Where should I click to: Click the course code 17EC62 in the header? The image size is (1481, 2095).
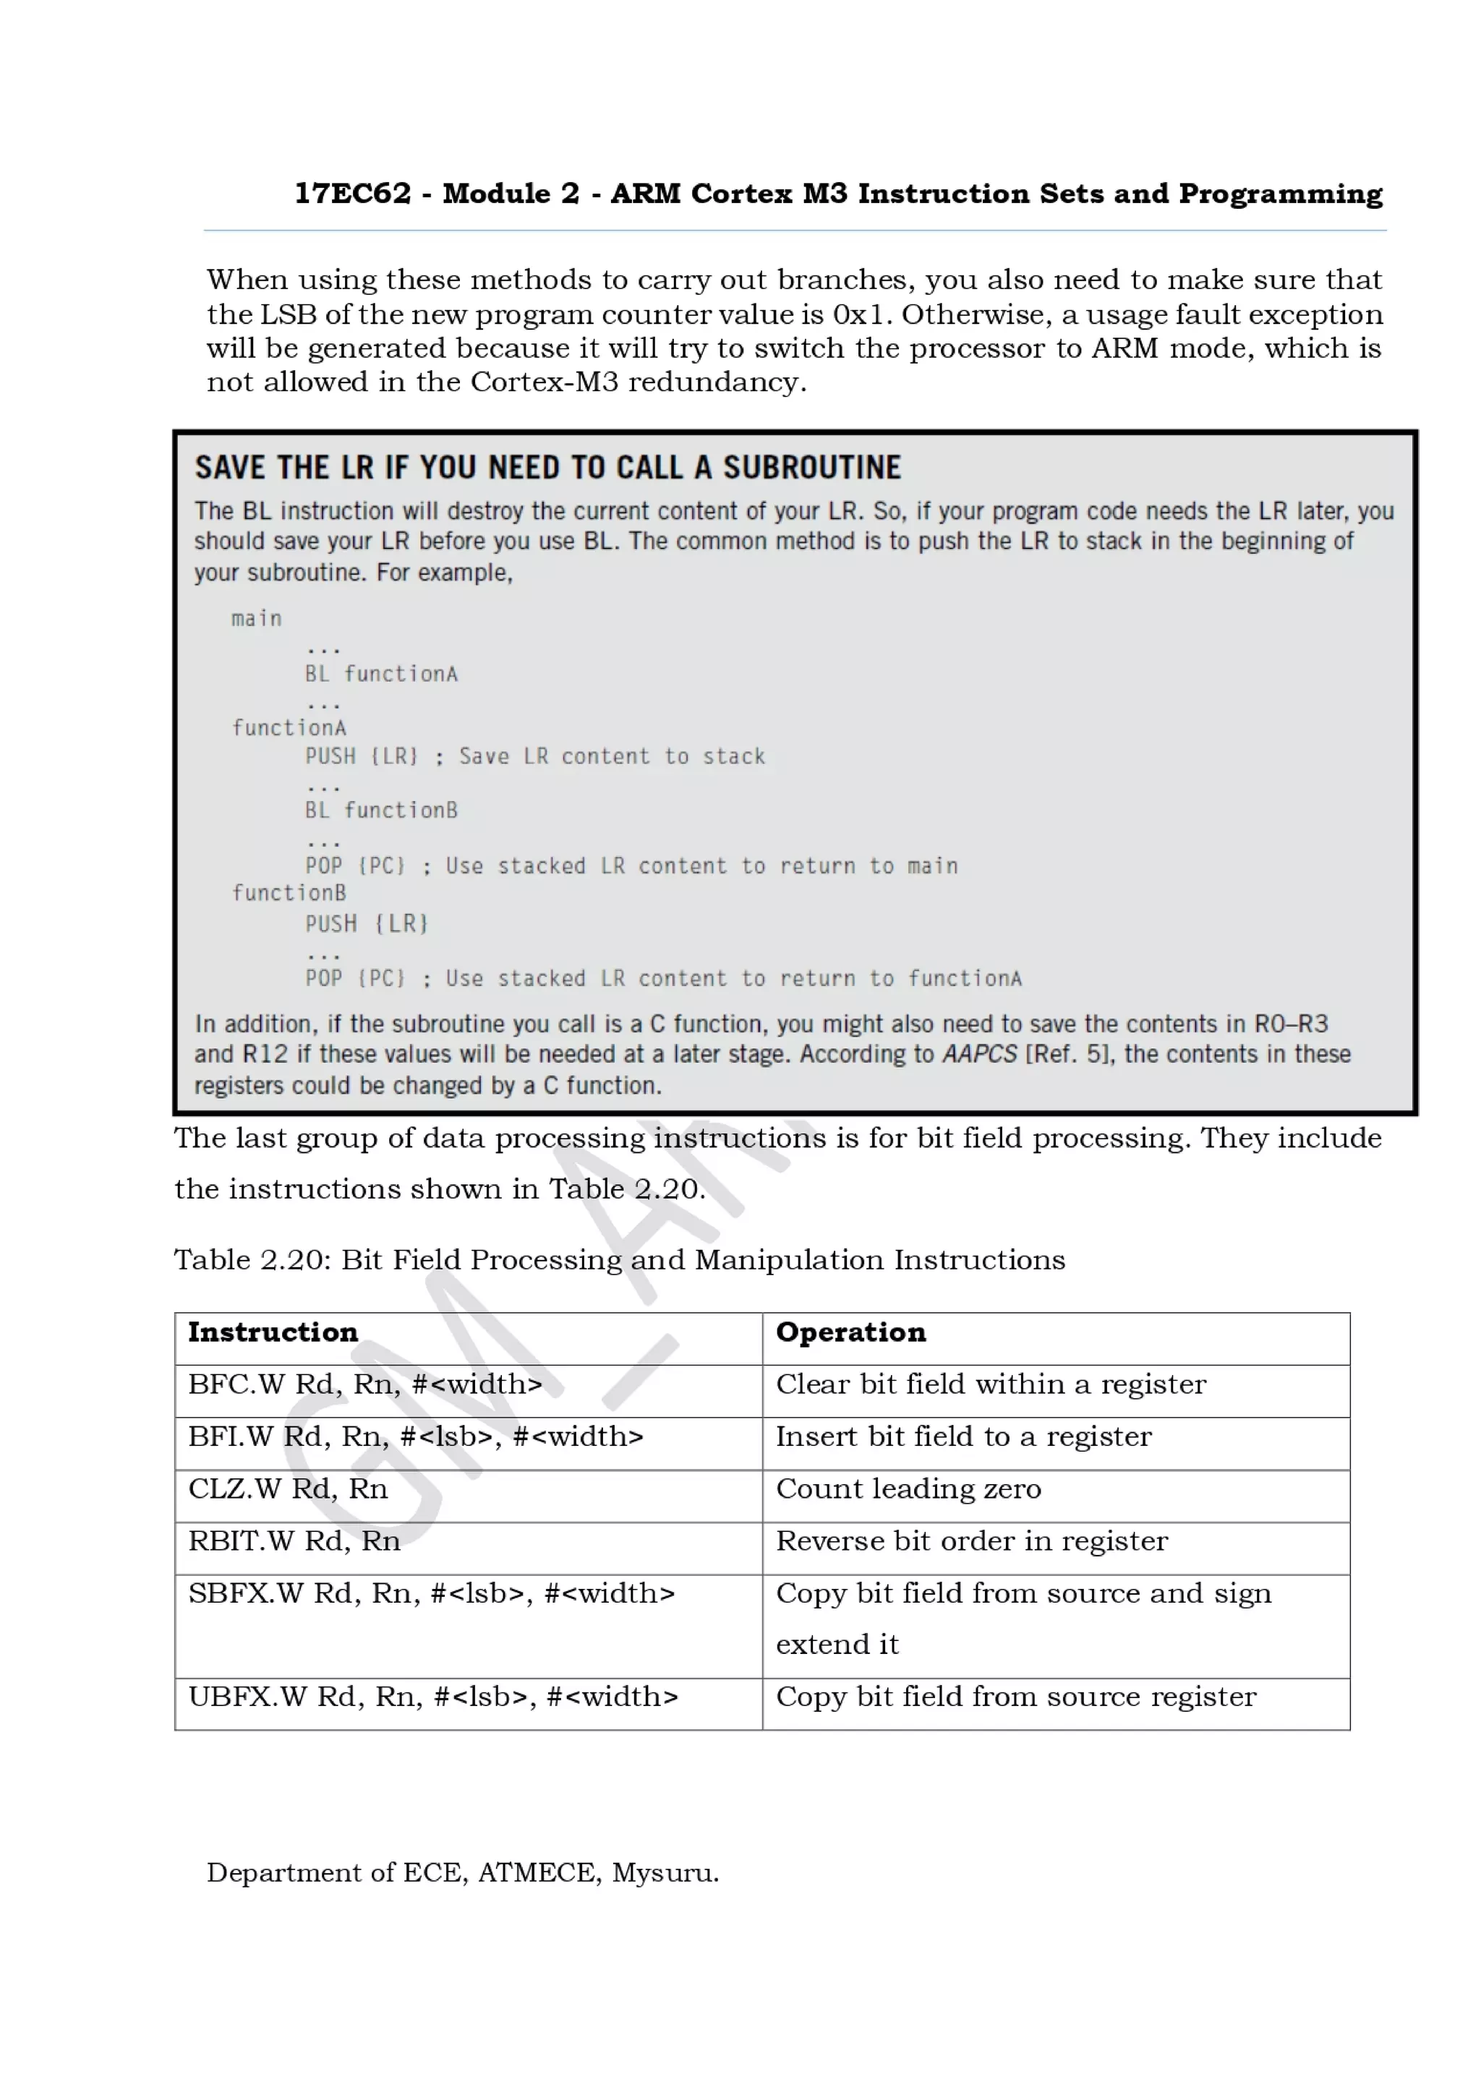[352, 194]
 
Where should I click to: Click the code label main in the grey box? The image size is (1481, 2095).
[257, 619]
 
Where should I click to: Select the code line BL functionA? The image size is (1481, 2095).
[381, 674]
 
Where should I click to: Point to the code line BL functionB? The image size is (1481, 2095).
[381, 810]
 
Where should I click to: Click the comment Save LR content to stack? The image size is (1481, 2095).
[611, 756]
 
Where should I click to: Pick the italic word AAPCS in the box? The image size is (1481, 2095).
[979, 1054]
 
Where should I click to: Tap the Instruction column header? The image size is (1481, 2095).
[273, 1332]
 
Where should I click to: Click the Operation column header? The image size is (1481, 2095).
[850, 1332]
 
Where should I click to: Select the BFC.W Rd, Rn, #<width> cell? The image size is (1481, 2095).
[365, 1384]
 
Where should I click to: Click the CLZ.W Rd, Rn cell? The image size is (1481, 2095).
[289, 1488]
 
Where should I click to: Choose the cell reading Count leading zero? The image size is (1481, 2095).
[908, 1488]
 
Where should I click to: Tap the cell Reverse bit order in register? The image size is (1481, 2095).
[971, 1541]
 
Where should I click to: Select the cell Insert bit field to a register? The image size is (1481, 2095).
[964, 1436]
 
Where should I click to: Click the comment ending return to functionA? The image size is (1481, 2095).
[735, 979]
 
